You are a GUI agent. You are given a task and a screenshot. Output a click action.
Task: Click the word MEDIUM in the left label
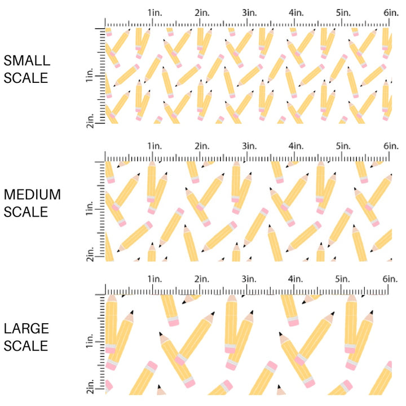(32, 195)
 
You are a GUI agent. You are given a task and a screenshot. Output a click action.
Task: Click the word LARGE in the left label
(26, 329)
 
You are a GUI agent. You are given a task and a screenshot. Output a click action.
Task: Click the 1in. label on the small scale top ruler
(155, 13)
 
